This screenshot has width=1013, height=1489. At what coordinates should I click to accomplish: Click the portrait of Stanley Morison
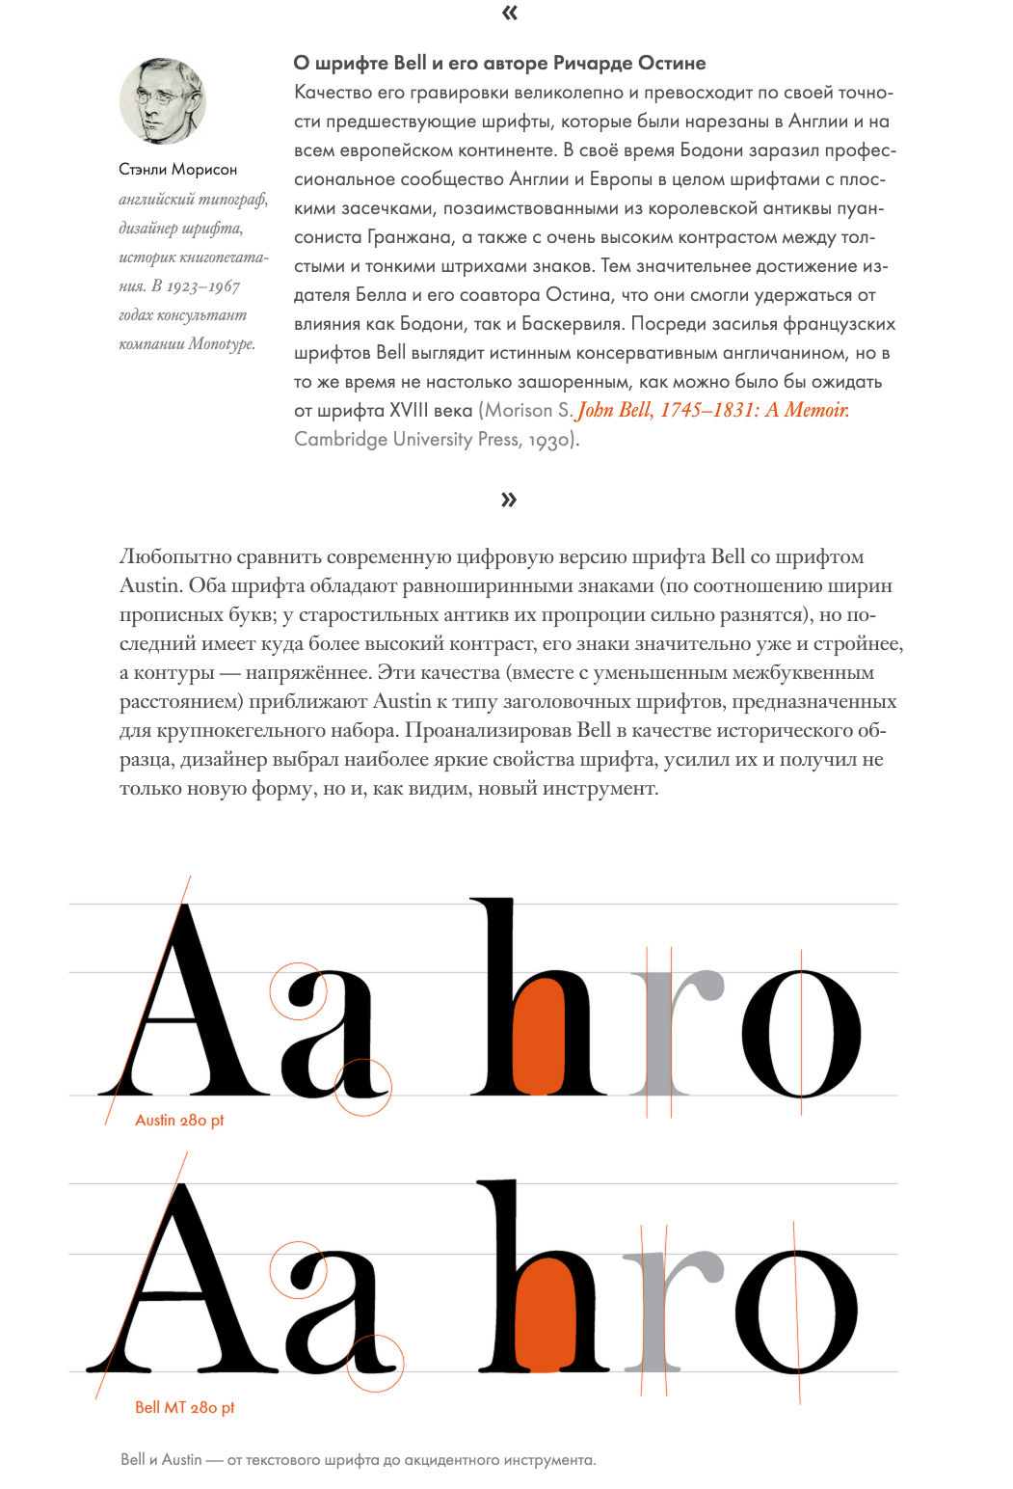click(162, 101)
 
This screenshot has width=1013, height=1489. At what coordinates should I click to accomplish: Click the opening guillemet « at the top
click(510, 13)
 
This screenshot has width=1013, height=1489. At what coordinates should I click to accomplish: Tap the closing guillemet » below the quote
click(509, 499)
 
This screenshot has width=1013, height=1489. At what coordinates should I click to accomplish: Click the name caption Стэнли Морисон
click(177, 170)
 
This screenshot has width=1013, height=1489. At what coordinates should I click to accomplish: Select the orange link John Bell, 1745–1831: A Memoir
click(713, 410)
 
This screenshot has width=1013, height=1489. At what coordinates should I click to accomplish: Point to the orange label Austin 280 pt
click(179, 1120)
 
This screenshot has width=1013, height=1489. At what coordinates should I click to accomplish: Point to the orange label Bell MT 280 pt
click(184, 1407)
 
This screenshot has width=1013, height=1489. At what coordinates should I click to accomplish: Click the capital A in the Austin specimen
click(183, 1013)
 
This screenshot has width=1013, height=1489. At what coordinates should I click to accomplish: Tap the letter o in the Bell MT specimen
click(796, 1311)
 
